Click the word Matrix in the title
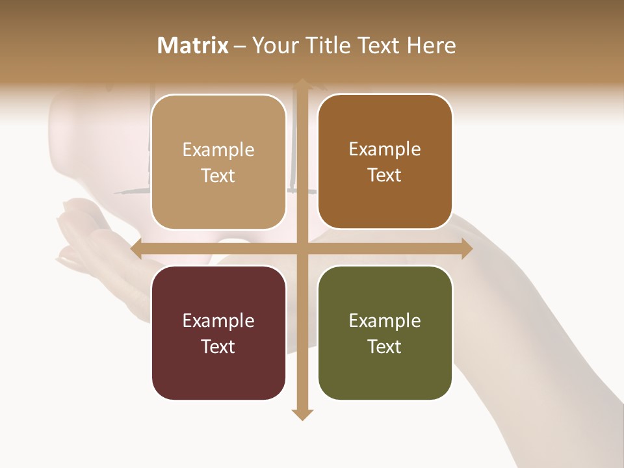click(193, 45)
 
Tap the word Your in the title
click(274, 45)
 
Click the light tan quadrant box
click(218, 162)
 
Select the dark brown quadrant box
click(385, 162)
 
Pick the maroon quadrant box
click(218, 333)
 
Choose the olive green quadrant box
click(385, 333)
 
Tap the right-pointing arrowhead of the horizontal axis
click(467, 248)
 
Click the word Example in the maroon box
click(218, 320)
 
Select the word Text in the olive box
click(385, 346)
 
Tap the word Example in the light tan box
click(218, 149)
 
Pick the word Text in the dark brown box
click(385, 175)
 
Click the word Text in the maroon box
click(218, 346)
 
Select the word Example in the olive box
click(385, 320)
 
